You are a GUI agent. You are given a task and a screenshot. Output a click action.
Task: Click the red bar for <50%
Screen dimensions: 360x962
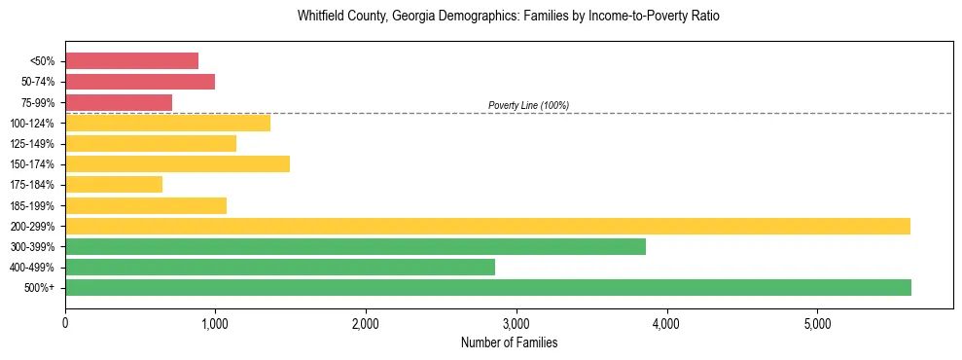(x=131, y=61)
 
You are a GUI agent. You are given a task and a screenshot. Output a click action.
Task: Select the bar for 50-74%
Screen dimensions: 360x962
(x=140, y=82)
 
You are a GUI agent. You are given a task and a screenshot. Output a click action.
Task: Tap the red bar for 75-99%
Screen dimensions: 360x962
(x=119, y=102)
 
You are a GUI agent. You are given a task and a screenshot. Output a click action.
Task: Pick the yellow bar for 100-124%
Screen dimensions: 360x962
(x=167, y=123)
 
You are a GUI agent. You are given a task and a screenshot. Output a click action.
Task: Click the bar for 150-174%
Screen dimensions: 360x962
(x=177, y=163)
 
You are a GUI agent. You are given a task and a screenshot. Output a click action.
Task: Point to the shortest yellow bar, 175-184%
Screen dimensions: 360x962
(x=114, y=184)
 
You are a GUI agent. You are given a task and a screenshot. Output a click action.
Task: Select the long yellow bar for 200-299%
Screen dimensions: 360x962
(x=487, y=226)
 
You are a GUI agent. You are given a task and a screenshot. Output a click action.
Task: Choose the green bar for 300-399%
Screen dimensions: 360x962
(x=355, y=246)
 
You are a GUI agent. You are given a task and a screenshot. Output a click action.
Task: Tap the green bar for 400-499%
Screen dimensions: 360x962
(x=280, y=267)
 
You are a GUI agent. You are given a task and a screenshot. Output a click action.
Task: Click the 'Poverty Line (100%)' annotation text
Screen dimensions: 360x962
(x=528, y=105)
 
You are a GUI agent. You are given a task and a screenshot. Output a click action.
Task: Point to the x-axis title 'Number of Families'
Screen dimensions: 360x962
(x=509, y=342)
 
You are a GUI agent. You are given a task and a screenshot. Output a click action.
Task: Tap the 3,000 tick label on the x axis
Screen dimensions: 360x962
(x=516, y=323)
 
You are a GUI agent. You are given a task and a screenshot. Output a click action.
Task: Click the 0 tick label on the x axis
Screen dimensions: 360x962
(x=65, y=323)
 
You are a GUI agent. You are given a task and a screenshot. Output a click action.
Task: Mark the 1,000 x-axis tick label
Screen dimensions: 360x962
(x=215, y=323)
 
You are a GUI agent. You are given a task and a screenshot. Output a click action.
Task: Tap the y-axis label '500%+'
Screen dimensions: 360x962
(x=40, y=288)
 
